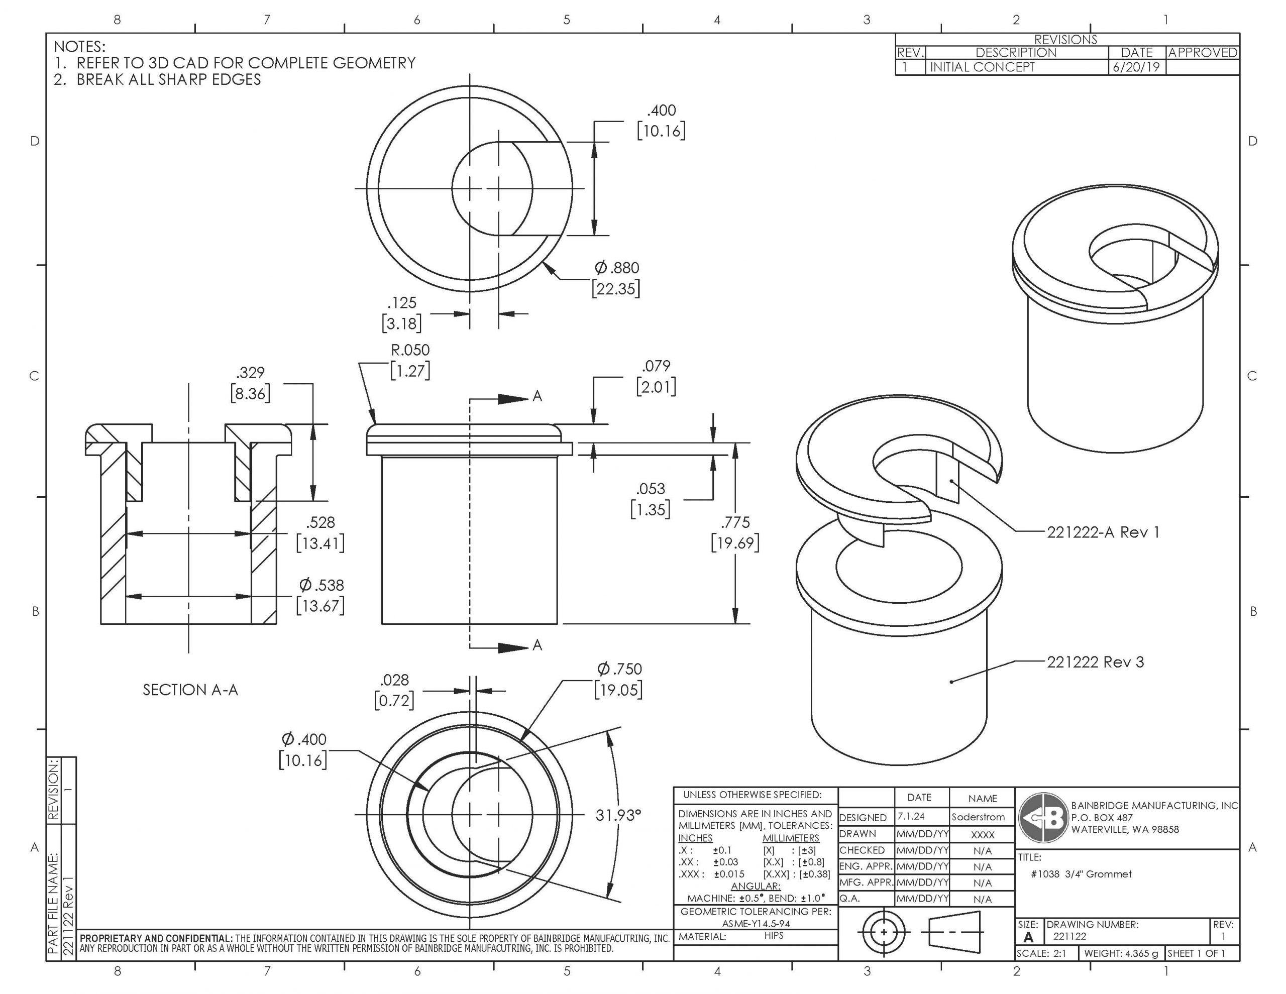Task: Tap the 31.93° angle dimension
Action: coord(618,815)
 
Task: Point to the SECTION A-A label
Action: coord(190,690)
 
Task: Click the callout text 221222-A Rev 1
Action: coord(1103,532)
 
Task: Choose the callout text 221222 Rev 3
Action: coord(1095,662)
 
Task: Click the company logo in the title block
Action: coord(1043,818)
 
